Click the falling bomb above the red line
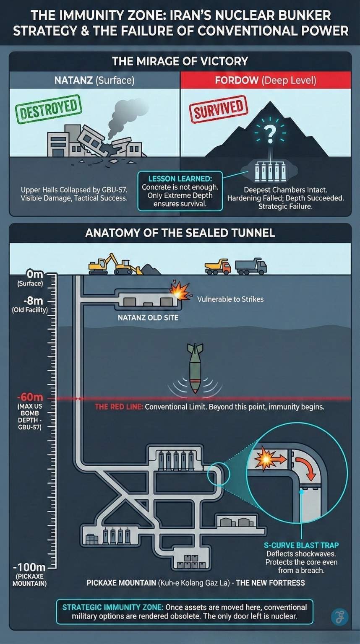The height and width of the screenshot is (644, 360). [x=195, y=367]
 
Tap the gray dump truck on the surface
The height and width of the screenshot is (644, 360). [x=250, y=266]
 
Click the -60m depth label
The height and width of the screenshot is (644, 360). [x=29, y=397]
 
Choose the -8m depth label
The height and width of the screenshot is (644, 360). [x=33, y=301]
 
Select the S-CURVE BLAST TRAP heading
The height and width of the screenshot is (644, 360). [x=301, y=545]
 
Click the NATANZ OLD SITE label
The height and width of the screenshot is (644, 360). [x=148, y=317]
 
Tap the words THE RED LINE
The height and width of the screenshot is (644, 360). [x=119, y=407]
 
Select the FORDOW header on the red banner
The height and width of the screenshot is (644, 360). [x=237, y=80]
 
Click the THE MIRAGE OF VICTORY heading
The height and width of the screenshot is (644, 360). [x=180, y=61]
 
